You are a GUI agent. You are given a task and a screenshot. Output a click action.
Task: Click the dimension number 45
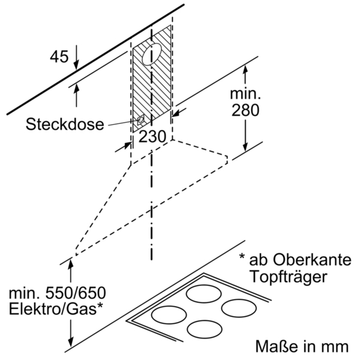(x=59, y=57)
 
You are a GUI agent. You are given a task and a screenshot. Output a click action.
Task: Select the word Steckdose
(x=65, y=125)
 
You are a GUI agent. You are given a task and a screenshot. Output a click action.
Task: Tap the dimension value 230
(x=152, y=136)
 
